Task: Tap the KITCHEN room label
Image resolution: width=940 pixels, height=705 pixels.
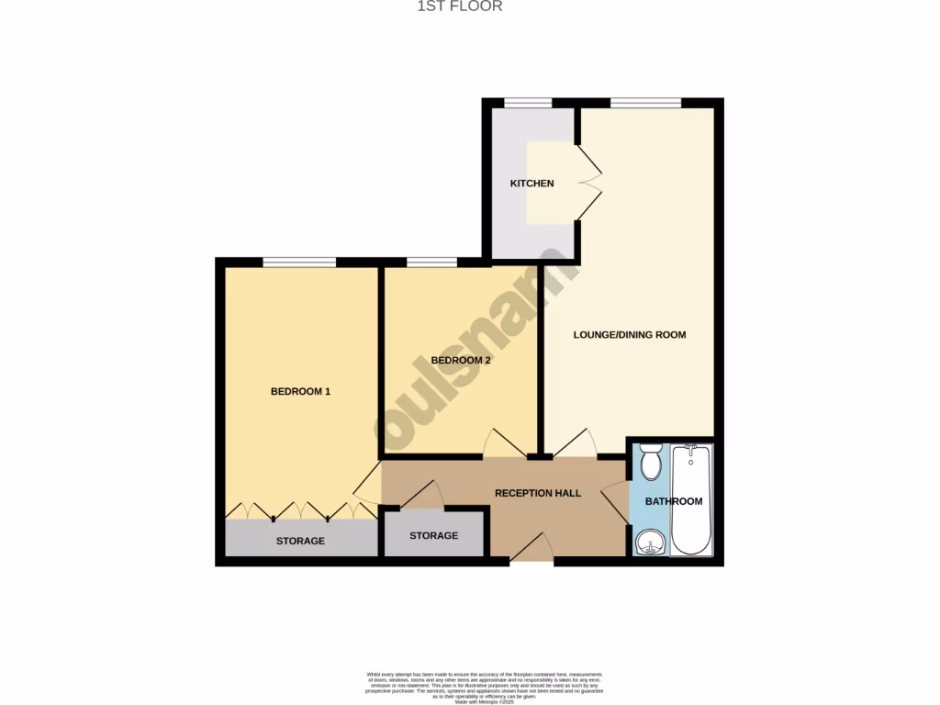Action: click(x=532, y=184)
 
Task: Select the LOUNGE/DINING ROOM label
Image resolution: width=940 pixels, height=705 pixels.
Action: click(x=630, y=335)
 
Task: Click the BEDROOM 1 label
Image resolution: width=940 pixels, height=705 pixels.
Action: click(x=300, y=392)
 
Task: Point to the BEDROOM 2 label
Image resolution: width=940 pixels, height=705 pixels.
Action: click(x=461, y=361)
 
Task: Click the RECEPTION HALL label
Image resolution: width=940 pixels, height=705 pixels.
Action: click(x=538, y=494)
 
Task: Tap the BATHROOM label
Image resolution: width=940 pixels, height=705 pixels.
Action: click(x=674, y=501)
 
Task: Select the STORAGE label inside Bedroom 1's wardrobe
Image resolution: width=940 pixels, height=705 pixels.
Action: click(x=300, y=542)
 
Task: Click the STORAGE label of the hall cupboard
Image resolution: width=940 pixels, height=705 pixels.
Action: click(x=433, y=536)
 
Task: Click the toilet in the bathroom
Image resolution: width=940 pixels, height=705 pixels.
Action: click(x=651, y=462)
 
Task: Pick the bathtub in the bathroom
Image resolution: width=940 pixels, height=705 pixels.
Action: click(x=691, y=500)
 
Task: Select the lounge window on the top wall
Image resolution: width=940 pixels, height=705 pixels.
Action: click(x=645, y=102)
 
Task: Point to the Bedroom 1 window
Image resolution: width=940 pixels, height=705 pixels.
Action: click(x=299, y=263)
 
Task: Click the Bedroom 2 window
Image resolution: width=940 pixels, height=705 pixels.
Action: click(x=431, y=263)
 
